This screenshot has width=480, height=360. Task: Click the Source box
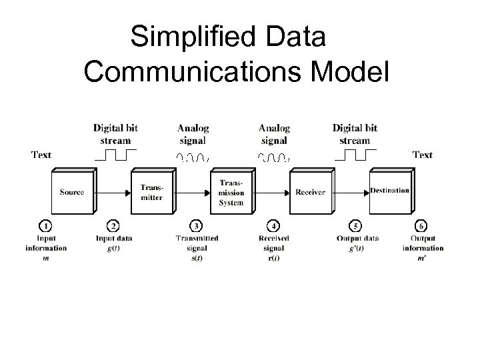pos(71,192)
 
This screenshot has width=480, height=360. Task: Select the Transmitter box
pos(153,192)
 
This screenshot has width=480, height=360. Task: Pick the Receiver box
pos(310,192)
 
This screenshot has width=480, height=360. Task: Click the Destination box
pos(389,191)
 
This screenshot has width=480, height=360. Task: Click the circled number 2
pos(115,226)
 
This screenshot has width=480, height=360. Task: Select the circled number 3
pos(196,226)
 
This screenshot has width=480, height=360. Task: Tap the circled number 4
pos(273,226)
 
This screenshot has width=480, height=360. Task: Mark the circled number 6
pos(422,226)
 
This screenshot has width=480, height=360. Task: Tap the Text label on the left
pos(41,155)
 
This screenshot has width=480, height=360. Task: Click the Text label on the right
pos(423,155)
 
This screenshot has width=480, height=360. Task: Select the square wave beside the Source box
pos(115,156)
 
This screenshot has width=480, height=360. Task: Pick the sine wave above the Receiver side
pos(273,157)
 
